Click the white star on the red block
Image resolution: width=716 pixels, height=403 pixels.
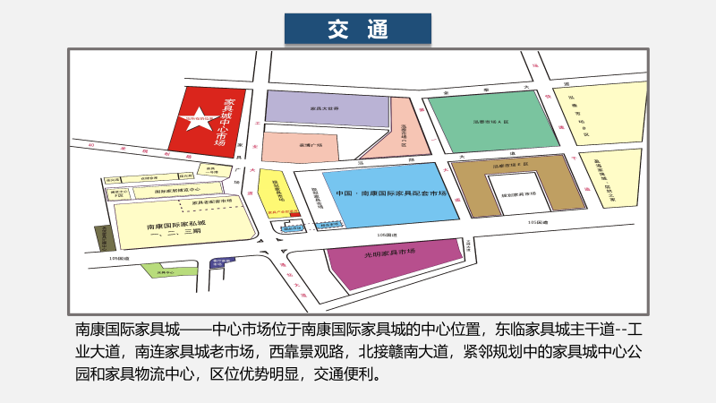coord(194,118)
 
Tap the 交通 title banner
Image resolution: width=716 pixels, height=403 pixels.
coord(357,29)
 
